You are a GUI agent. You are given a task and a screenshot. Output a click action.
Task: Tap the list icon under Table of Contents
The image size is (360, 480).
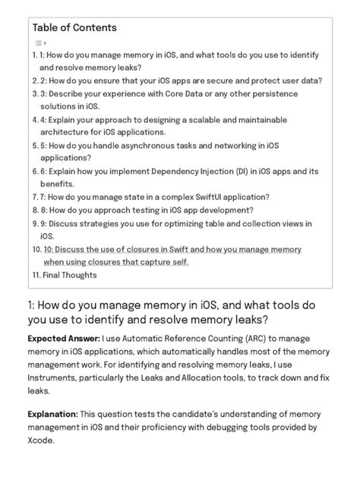pos(39,43)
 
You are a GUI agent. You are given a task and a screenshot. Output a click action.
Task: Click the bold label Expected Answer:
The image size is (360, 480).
pos(61,337)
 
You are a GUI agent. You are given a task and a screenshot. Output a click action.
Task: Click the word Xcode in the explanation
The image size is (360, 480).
pos(45,441)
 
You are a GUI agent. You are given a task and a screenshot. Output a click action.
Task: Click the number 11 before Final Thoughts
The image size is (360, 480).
pos(36,275)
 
